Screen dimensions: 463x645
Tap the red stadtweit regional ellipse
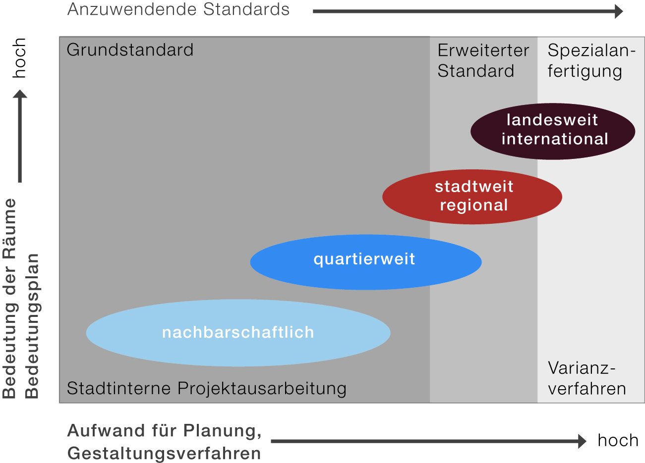[472, 197]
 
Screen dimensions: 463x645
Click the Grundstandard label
[130, 50]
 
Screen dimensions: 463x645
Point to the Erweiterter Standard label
[483, 60]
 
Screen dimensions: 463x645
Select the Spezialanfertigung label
[590, 60]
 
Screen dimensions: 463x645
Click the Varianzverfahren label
[586, 378]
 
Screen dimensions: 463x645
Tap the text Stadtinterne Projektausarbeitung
[207, 388]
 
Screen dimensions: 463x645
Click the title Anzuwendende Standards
[178, 9]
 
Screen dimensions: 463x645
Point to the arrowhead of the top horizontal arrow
[619, 11]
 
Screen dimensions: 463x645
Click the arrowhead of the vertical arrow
[20, 94]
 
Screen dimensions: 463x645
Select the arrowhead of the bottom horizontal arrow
[582, 441]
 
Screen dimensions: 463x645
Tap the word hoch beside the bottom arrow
[618, 440]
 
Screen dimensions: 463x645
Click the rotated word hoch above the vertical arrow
[19, 58]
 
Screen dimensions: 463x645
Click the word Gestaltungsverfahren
[164, 453]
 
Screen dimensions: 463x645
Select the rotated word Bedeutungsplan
[32, 326]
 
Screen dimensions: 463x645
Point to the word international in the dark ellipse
[555, 139]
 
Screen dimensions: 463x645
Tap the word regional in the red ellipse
[474, 205]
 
